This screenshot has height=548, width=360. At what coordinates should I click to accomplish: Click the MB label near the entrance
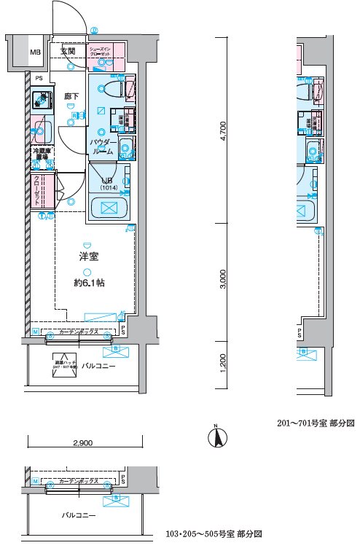point(35,52)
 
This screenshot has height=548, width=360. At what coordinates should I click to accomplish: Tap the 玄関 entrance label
point(68,50)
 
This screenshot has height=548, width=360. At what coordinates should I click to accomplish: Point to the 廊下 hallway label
point(71,95)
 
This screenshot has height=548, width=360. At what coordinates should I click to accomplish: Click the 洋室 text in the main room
point(90,256)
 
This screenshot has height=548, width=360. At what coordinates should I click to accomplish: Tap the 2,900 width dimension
point(82,442)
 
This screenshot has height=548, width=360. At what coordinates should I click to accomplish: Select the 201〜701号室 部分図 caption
point(315,423)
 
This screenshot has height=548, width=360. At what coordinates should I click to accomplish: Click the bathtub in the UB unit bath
point(109,208)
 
